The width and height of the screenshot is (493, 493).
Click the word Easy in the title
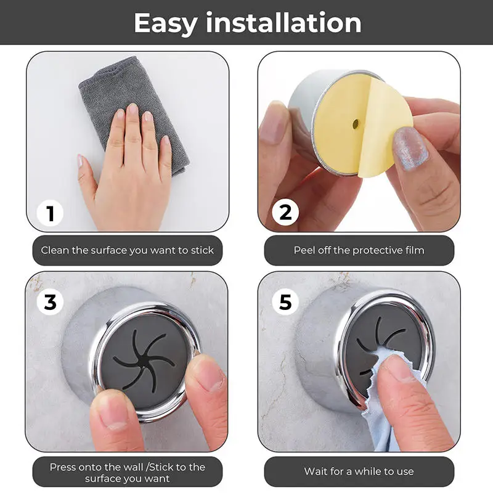click(x=165, y=23)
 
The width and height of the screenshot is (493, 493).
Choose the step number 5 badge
click(x=285, y=302)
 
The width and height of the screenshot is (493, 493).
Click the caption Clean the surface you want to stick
click(x=128, y=250)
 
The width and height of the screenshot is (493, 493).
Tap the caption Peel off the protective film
click(x=359, y=250)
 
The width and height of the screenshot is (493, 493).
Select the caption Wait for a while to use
click(x=359, y=471)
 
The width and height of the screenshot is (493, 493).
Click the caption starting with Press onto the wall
click(x=128, y=473)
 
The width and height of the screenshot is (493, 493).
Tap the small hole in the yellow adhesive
click(x=356, y=125)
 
